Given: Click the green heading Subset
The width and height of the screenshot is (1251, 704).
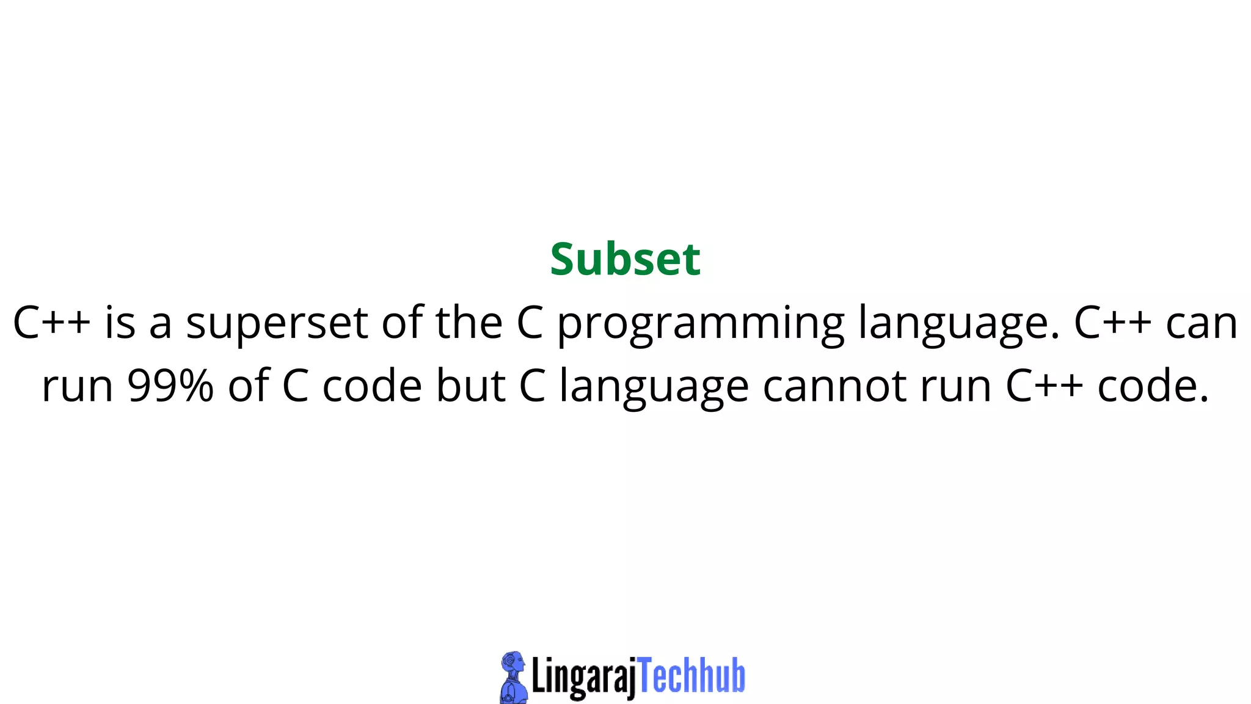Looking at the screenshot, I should point(625,260).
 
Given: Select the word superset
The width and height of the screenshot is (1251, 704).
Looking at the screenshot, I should point(277,323).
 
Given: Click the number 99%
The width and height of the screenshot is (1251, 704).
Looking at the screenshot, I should point(170,386).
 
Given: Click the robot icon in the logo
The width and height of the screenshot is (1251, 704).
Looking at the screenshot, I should point(513,677).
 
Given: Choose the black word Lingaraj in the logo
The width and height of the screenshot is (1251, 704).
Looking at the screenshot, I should point(584,677).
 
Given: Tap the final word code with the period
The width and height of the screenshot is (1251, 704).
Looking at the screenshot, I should point(1153,386).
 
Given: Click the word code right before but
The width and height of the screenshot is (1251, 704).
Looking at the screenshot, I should point(372,386).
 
